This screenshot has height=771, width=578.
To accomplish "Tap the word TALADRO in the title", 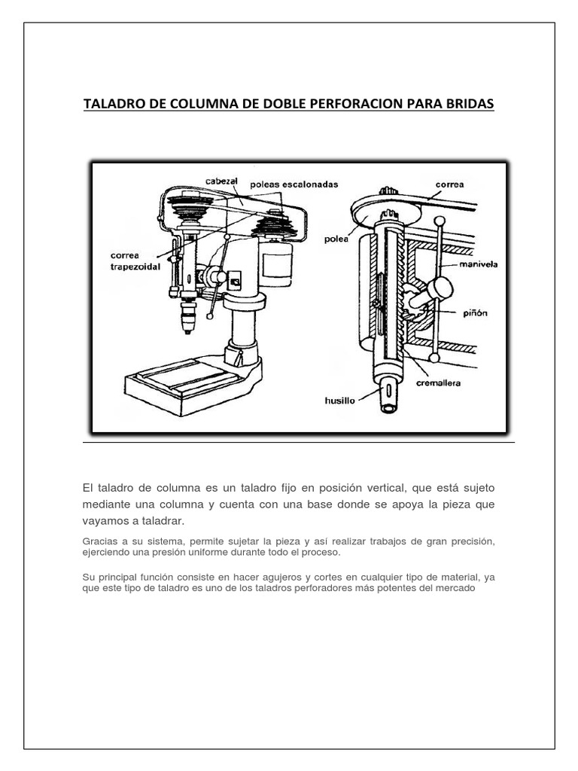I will point(114,104).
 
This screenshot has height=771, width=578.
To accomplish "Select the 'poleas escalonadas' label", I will point(294,184).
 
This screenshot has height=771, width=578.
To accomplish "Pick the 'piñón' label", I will point(476,312).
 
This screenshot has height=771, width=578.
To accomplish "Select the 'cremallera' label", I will point(442,382).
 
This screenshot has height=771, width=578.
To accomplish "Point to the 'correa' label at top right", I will point(449,184).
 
